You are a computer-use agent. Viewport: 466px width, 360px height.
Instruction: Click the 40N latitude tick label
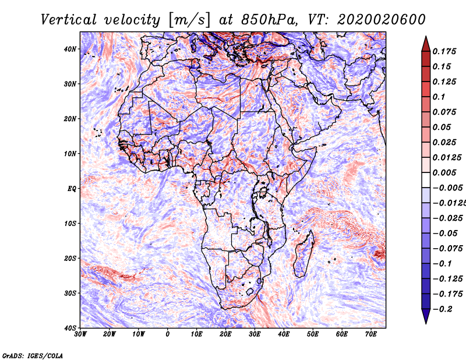click(x=70, y=49)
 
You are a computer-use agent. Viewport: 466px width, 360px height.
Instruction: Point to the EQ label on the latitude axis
click(x=72, y=189)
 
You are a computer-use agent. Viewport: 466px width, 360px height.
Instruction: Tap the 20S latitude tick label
click(x=70, y=258)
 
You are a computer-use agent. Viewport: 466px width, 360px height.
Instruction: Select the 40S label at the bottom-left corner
click(x=70, y=328)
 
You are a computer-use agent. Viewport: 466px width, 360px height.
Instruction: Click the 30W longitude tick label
click(x=80, y=334)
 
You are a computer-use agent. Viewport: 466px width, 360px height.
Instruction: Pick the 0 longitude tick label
click(x=168, y=334)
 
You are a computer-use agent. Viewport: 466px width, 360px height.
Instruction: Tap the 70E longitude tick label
click(x=371, y=334)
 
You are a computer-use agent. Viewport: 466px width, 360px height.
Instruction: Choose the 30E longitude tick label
click(x=255, y=334)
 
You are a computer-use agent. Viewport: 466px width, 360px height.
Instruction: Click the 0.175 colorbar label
click(x=444, y=52)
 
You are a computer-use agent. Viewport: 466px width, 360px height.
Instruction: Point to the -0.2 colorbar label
click(x=443, y=309)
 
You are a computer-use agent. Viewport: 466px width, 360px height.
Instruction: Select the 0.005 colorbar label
click(x=444, y=172)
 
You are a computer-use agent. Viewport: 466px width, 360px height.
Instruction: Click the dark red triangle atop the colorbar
click(x=426, y=44)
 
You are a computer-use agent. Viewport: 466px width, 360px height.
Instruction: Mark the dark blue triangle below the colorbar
click(x=426, y=316)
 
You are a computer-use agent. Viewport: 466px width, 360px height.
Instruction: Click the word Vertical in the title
click(x=69, y=20)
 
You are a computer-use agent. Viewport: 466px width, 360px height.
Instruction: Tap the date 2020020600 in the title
click(x=382, y=20)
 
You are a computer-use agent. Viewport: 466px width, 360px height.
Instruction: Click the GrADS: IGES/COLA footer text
click(x=33, y=356)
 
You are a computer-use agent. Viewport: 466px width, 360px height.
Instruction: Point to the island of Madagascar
click(x=303, y=254)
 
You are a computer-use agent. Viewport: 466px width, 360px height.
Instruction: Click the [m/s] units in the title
click(x=189, y=20)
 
